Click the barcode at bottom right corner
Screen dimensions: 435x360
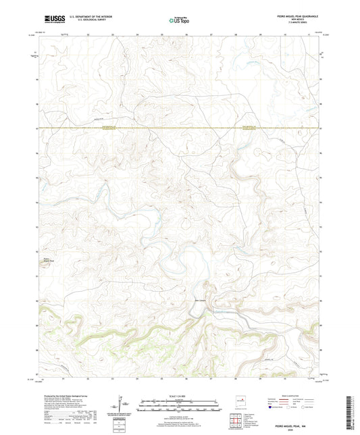350,413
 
